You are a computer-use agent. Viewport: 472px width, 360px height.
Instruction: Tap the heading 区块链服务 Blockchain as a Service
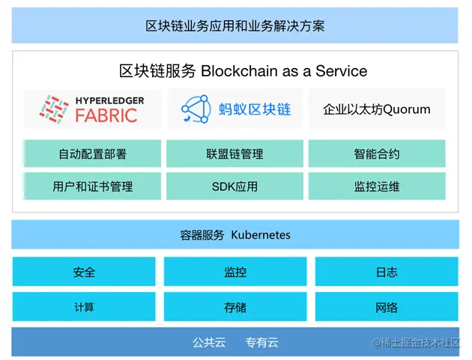(x=243, y=71)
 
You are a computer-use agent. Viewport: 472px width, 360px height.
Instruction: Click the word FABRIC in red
(x=106, y=115)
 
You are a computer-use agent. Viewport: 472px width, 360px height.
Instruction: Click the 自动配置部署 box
(x=92, y=154)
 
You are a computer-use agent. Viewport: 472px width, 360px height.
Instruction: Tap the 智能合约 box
(x=376, y=154)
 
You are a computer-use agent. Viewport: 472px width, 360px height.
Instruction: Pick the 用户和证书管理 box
(x=92, y=186)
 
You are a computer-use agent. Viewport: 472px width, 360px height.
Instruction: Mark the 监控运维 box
(x=376, y=186)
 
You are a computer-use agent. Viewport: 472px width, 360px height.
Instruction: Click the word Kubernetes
(x=260, y=235)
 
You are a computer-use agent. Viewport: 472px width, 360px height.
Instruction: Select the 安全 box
(x=84, y=272)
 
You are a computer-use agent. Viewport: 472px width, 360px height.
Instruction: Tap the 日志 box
(x=387, y=272)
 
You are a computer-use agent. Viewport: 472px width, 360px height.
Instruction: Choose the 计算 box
(x=84, y=307)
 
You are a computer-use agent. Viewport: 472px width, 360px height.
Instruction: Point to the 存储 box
(x=235, y=307)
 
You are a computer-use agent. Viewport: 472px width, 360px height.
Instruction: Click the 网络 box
(x=387, y=307)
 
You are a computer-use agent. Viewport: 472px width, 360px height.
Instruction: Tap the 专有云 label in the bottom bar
(x=261, y=343)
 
